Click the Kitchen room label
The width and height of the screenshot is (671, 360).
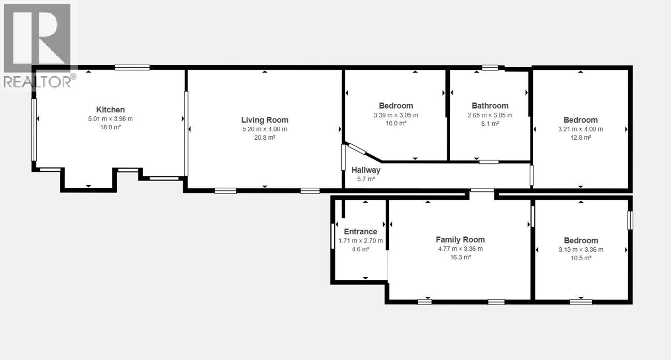(x=110, y=110)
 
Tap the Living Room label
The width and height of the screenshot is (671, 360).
(x=265, y=120)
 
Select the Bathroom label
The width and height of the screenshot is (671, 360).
(x=490, y=106)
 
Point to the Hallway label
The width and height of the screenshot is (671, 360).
(x=366, y=170)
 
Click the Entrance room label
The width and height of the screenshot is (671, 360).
(x=360, y=232)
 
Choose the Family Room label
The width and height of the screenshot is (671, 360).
(x=460, y=239)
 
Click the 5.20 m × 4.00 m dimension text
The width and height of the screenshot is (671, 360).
(x=265, y=129)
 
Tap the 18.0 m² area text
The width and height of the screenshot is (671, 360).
(x=110, y=127)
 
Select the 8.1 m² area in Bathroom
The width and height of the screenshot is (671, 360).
(x=490, y=124)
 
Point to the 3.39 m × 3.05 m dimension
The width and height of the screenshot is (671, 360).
(x=396, y=115)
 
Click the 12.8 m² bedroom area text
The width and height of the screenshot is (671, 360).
(x=581, y=138)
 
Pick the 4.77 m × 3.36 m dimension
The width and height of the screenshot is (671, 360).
(x=460, y=249)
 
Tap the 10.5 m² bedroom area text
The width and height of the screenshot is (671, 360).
(x=581, y=258)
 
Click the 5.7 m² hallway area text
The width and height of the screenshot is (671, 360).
(x=366, y=179)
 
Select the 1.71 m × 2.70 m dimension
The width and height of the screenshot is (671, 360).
(x=360, y=241)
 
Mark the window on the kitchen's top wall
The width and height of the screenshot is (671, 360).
(x=132, y=67)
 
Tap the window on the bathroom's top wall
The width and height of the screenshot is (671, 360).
(x=490, y=67)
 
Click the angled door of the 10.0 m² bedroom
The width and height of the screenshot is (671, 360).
(x=357, y=149)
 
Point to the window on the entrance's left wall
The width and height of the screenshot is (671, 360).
(x=333, y=235)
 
